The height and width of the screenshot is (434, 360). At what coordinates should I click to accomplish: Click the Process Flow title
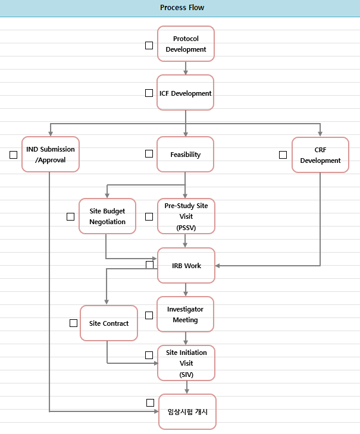[x=182, y=8]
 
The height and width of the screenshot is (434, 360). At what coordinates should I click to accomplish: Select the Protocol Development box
[x=186, y=44]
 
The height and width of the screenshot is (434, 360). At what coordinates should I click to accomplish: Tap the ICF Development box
[x=186, y=93]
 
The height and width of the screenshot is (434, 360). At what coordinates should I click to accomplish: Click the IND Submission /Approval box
[x=51, y=155]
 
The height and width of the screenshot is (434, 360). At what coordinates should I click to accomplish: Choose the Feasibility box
[x=186, y=155]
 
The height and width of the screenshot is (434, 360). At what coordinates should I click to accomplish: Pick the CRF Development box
[x=320, y=155]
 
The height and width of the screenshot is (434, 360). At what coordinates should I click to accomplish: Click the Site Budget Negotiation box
[x=108, y=216]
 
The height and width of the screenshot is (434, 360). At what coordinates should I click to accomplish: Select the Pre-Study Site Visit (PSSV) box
[x=186, y=216]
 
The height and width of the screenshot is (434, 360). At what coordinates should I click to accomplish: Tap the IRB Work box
[x=186, y=266]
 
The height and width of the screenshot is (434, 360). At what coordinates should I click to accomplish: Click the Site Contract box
[x=109, y=323]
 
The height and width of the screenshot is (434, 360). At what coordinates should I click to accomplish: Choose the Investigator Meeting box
[x=186, y=315]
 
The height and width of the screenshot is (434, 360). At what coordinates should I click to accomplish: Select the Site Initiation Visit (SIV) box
[x=186, y=363]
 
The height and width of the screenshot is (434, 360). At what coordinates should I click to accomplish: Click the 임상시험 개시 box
[x=187, y=412]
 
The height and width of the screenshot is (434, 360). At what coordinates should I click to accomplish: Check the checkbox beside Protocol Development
[x=149, y=45]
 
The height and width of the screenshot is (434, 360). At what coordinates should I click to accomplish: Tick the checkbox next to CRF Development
[x=283, y=155]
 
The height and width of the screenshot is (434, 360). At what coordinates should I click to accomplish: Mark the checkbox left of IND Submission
[x=13, y=155]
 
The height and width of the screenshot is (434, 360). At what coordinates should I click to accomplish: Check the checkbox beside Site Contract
[x=73, y=323]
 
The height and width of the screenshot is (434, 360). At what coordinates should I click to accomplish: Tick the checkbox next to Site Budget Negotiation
[x=70, y=216]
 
